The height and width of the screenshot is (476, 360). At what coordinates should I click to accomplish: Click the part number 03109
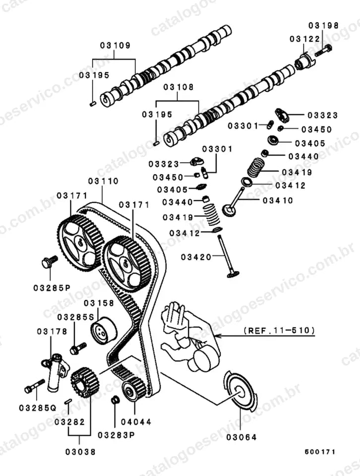pyautogui.click(x=115, y=46)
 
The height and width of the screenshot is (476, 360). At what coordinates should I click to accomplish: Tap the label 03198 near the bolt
pyautogui.click(x=323, y=25)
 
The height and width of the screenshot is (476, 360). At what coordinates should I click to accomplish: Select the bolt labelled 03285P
pyautogui.click(x=49, y=262)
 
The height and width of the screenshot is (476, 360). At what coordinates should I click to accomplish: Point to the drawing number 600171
pyautogui.click(x=320, y=452)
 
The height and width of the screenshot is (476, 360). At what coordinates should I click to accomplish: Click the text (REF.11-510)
pyautogui.click(x=279, y=330)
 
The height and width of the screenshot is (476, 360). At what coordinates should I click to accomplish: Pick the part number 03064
pyautogui.click(x=241, y=437)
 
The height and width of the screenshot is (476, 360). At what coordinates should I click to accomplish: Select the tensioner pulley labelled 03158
pyautogui.click(x=104, y=331)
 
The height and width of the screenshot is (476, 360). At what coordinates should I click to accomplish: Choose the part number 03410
pyautogui.click(x=278, y=200)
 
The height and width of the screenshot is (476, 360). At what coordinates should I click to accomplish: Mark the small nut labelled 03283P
pyautogui.click(x=115, y=400)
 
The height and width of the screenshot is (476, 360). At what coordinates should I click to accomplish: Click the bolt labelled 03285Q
pyautogui.click(x=34, y=386)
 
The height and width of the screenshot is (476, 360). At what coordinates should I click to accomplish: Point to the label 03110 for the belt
pyautogui.click(x=103, y=181)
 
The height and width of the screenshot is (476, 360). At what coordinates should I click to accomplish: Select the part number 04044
pyautogui.click(x=136, y=421)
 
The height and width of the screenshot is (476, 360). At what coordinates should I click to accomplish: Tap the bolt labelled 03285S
pyautogui.click(x=78, y=348)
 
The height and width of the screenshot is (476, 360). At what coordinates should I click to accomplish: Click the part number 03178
pyautogui.click(x=52, y=331)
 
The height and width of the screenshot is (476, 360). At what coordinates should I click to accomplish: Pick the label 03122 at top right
pyautogui.click(x=304, y=39)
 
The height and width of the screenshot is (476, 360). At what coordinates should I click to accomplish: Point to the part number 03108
pyautogui.click(x=178, y=87)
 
